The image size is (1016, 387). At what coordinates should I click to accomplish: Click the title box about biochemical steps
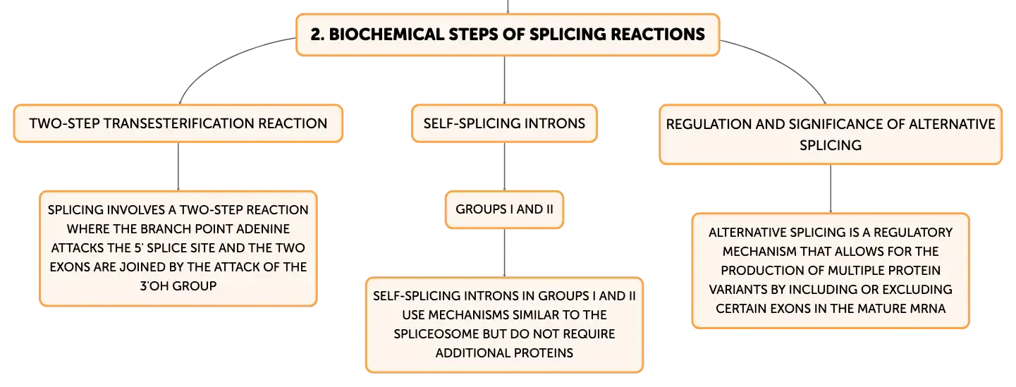click(x=507, y=34)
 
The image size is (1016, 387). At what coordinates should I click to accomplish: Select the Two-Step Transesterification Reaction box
click(x=178, y=123)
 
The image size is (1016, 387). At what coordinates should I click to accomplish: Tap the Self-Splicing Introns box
click(x=503, y=123)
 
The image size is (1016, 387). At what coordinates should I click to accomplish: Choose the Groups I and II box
click(x=503, y=209)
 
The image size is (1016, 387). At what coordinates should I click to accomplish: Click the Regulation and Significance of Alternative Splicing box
click(x=830, y=134)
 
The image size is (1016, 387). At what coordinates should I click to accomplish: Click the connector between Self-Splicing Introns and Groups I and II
click(x=503, y=166)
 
